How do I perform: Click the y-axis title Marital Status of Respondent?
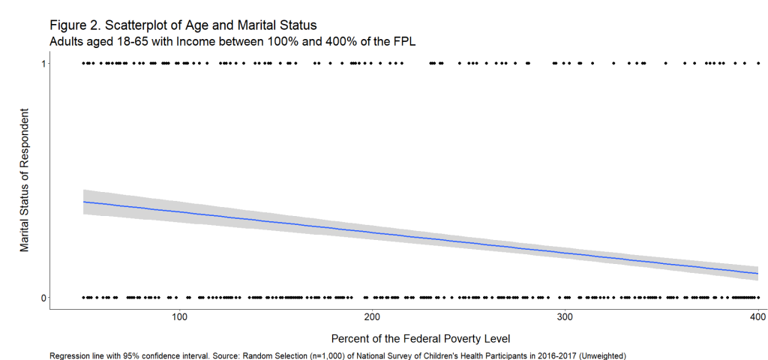(x=25, y=180)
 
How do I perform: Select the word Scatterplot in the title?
(x=139, y=25)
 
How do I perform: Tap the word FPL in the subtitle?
(x=403, y=41)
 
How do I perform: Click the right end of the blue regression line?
(x=757, y=274)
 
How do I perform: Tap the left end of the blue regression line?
(x=83, y=202)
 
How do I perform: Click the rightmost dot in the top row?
(x=758, y=64)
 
